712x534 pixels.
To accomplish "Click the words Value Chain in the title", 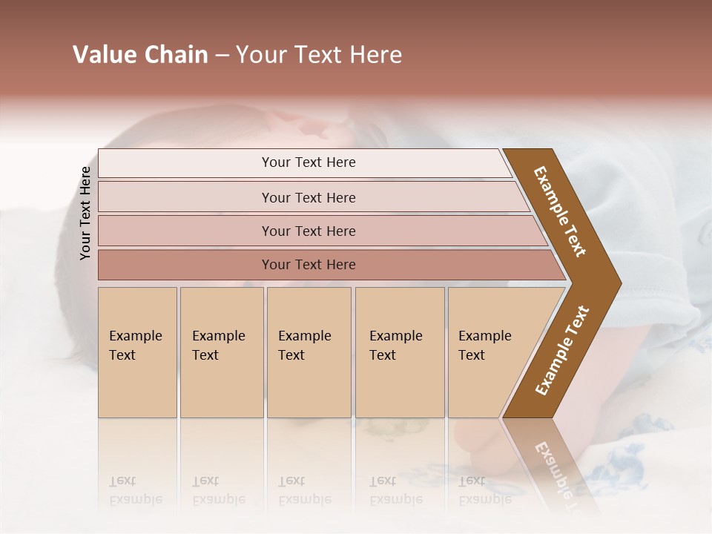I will click(x=140, y=55).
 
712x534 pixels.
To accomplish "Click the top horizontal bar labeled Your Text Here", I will click(x=308, y=162).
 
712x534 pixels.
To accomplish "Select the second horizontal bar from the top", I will click(x=308, y=197).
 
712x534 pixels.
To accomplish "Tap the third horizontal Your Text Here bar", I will click(x=308, y=231).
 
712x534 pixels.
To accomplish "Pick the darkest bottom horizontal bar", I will click(x=308, y=265).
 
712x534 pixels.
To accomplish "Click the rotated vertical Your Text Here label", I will click(x=85, y=213).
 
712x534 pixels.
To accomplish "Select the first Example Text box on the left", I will click(x=137, y=352).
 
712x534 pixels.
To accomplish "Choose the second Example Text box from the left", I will click(x=221, y=352).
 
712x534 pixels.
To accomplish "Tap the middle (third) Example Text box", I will click(x=309, y=352).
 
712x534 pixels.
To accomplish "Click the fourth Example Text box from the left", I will click(x=399, y=352).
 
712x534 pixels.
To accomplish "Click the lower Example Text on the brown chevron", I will click(x=562, y=350).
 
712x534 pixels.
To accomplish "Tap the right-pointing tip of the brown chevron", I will click(x=617, y=283).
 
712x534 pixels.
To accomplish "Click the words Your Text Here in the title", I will click(x=319, y=55).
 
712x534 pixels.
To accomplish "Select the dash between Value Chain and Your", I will click(x=222, y=56).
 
